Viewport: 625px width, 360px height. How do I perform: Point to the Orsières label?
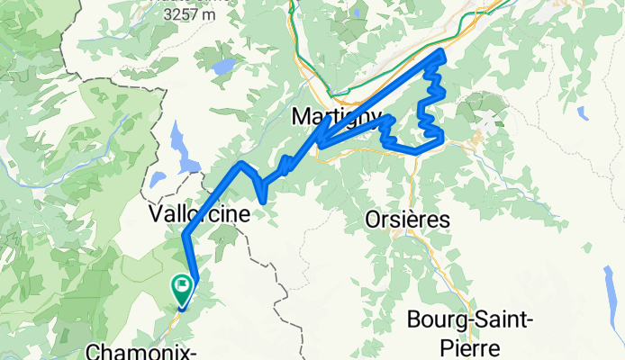pos(408,219)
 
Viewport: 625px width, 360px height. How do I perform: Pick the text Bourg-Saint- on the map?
pos(464,319)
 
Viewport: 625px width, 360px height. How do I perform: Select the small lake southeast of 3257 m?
pos(224,66)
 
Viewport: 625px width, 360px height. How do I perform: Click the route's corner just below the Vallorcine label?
pos(185,237)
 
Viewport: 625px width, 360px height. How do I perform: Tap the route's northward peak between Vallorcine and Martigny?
pos(239,164)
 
